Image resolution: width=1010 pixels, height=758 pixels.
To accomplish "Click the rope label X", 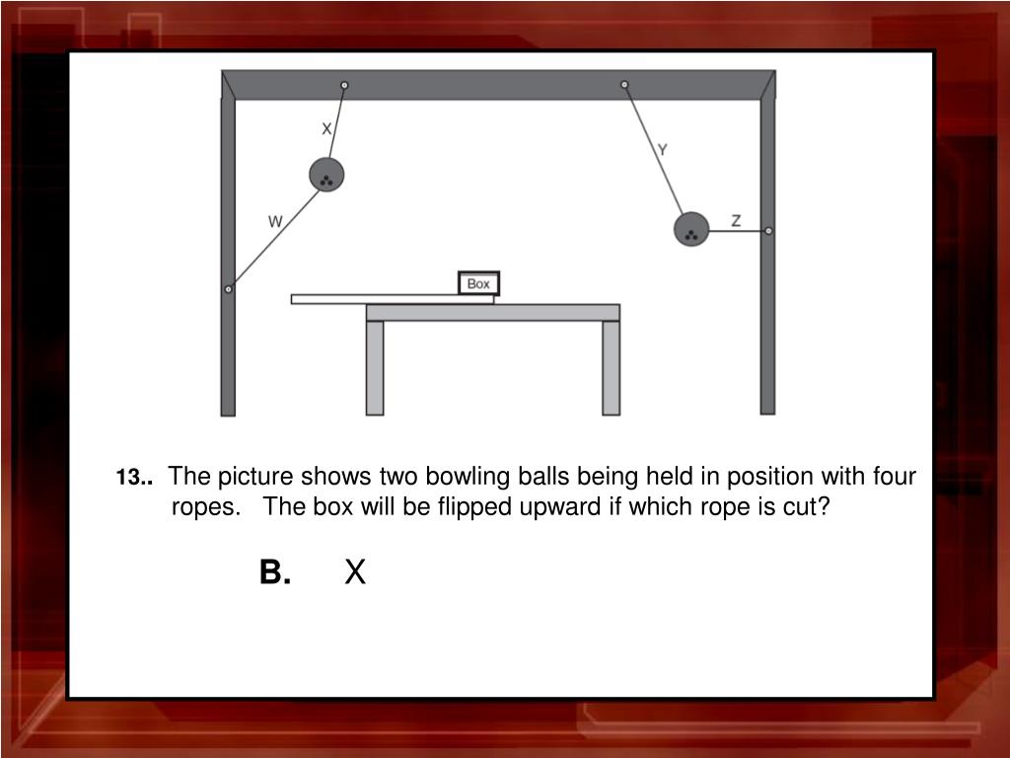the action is click(x=326, y=129).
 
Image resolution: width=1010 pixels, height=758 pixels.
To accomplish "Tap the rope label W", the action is click(x=275, y=222).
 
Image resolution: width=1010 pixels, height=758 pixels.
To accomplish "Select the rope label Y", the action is click(x=662, y=150).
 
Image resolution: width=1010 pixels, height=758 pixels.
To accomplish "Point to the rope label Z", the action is click(x=736, y=220).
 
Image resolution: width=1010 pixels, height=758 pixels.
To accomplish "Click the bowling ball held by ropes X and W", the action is click(x=326, y=175).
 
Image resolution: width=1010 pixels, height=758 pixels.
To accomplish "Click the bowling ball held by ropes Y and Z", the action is click(x=691, y=229).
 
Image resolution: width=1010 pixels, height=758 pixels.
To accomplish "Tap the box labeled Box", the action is click(x=478, y=283).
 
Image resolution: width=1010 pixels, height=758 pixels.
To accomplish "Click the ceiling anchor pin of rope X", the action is click(x=344, y=85).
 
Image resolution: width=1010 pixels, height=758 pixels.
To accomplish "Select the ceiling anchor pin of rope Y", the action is click(x=624, y=85).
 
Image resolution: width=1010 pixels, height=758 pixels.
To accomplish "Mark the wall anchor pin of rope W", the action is click(x=228, y=289).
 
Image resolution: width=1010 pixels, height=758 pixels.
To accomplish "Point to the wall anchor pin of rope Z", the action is click(x=767, y=231).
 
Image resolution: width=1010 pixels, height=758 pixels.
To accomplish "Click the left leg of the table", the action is click(x=375, y=368).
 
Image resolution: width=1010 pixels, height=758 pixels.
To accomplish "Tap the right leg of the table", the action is click(x=612, y=368).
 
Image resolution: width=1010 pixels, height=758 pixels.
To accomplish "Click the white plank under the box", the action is click(x=393, y=299).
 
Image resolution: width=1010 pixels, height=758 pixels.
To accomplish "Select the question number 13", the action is click(x=134, y=478).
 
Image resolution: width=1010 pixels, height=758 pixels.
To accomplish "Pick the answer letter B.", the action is click(x=275, y=571).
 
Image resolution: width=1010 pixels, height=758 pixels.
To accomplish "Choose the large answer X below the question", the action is click(x=355, y=571).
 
